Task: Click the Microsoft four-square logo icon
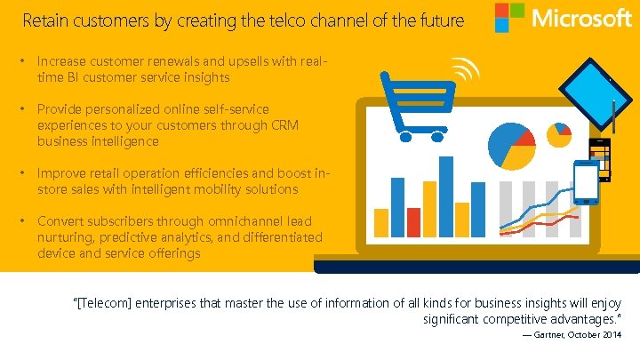click(x=509, y=18)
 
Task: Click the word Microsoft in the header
click(x=581, y=18)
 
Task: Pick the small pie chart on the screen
click(x=559, y=134)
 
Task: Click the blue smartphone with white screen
click(x=586, y=181)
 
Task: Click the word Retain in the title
click(x=44, y=20)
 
